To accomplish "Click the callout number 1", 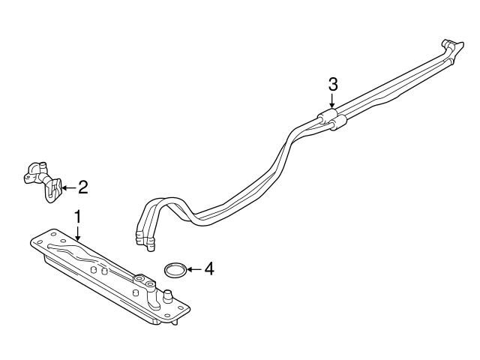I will click(x=76, y=217).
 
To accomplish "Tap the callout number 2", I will click(x=82, y=185).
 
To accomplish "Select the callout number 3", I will click(x=333, y=83).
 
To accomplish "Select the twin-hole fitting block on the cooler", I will click(x=143, y=280).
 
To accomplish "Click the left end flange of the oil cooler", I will click(x=39, y=242).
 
